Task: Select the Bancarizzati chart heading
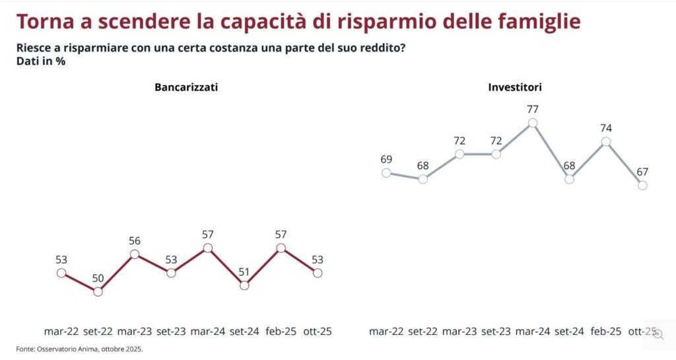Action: tap(186, 87)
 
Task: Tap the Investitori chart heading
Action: tap(515, 87)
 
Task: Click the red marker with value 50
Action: tap(98, 291)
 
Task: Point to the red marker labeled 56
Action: tap(135, 254)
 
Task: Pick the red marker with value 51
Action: tap(244, 285)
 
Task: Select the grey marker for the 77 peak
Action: tap(533, 123)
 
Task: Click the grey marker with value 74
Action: tap(606, 141)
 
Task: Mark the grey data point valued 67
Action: tap(642, 186)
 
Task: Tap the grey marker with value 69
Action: tap(387, 172)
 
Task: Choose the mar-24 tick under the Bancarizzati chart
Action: tap(209, 332)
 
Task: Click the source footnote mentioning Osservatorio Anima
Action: tap(79, 349)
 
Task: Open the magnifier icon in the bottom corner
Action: tap(658, 335)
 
